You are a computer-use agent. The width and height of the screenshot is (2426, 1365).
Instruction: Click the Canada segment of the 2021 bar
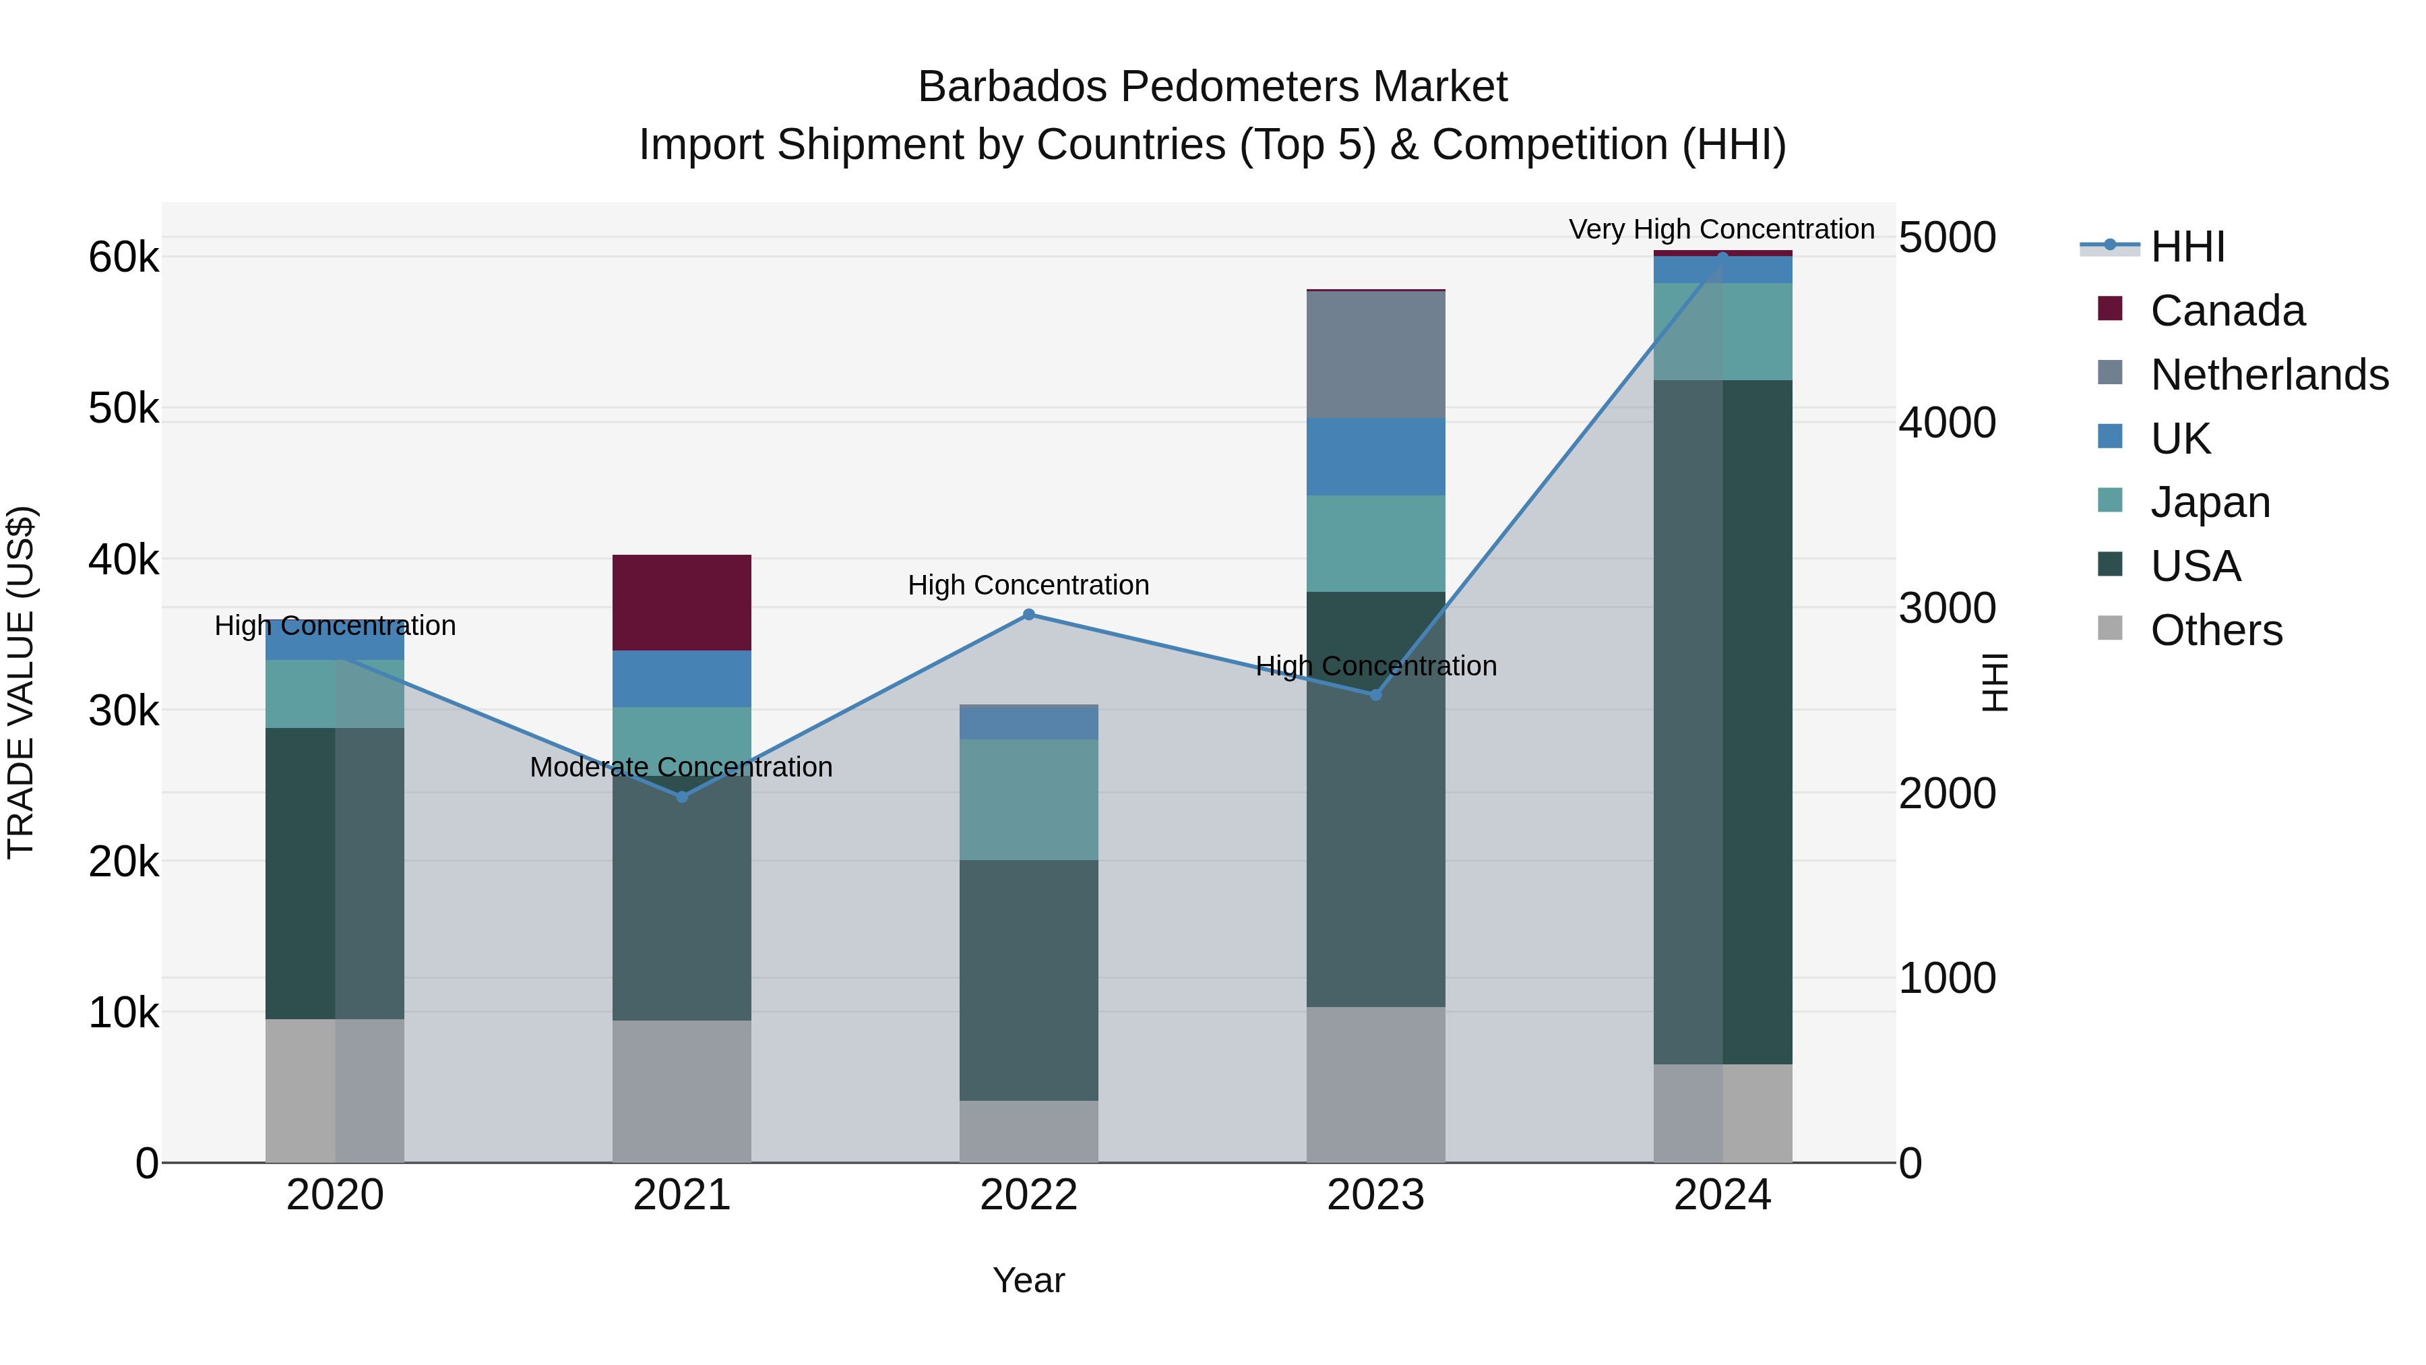(x=682, y=602)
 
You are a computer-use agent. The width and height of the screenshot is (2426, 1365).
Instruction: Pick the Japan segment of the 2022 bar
(x=1028, y=799)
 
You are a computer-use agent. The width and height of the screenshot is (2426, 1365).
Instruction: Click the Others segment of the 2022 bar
(x=1028, y=1130)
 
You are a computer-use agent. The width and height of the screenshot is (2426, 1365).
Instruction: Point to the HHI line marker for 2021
(x=682, y=797)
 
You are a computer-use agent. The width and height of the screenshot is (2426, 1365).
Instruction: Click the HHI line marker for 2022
(x=1028, y=615)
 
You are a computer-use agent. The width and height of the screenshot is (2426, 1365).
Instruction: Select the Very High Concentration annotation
(x=1722, y=229)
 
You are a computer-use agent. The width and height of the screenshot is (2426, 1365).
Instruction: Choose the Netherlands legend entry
(x=2269, y=375)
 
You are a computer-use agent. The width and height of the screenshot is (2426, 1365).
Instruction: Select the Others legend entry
(x=2216, y=630)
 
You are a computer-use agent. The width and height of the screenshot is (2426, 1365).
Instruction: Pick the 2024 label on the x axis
(x=1722, y=1195)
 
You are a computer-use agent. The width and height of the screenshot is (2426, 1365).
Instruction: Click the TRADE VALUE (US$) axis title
(x=22, y=682)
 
